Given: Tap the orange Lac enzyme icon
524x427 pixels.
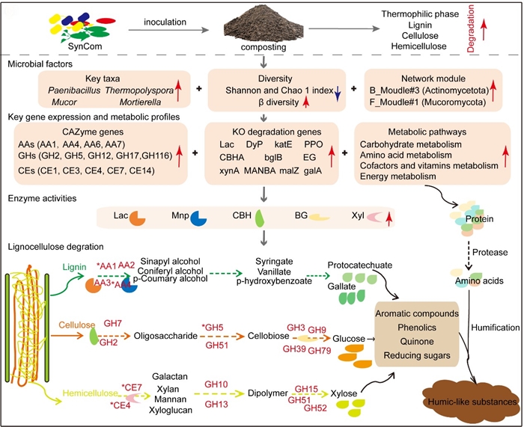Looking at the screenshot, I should click(138, 218).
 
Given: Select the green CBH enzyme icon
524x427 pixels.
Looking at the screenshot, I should click(259, 219).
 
